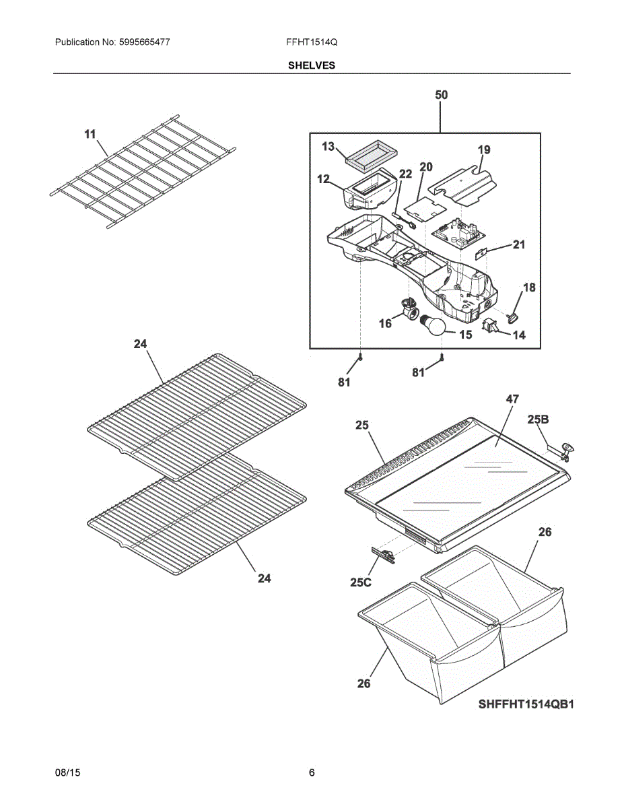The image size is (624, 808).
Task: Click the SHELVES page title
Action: (312, 65)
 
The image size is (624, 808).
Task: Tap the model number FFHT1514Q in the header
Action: (312, 42)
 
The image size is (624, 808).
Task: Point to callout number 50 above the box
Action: (441, 95)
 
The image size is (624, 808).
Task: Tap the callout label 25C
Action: (361, 582)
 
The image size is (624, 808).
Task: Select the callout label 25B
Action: (538, 419)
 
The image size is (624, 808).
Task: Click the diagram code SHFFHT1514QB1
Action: (526, 704)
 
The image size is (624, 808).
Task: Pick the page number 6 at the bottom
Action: (312, 772)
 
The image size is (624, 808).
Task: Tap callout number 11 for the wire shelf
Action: (90, 135)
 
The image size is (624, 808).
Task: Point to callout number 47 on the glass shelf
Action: (512, 399)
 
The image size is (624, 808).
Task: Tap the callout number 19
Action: (484, 149)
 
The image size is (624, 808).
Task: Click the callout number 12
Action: (323, 180)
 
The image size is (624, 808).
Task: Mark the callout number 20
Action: (426, 166)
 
